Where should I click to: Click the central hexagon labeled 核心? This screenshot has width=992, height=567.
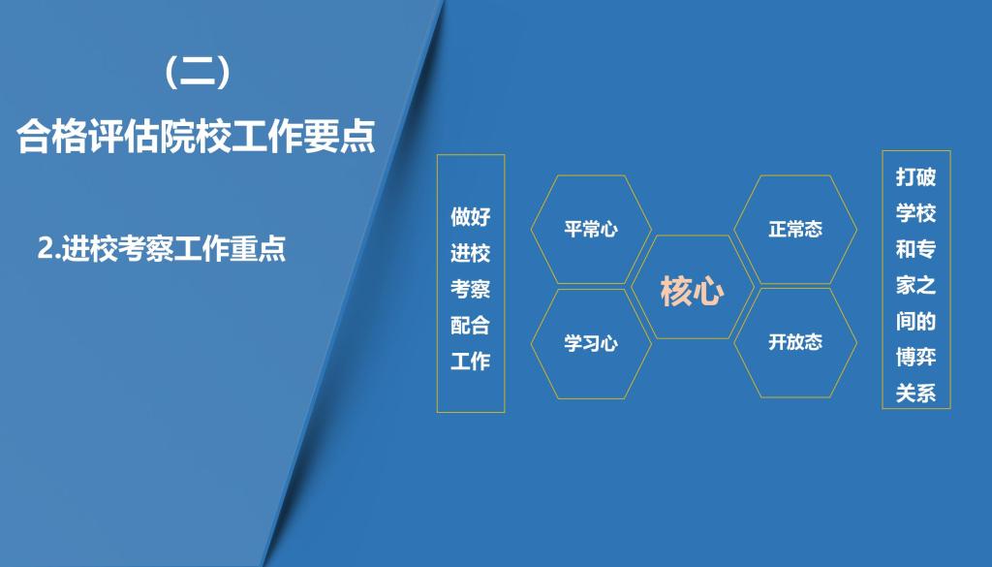point(692,287)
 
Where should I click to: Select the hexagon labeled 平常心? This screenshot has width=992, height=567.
point(591,229)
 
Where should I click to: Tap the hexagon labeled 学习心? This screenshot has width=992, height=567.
point(591,344)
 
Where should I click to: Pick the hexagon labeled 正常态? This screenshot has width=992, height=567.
point(795,229)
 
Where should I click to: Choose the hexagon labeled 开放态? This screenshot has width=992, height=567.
point(795,343)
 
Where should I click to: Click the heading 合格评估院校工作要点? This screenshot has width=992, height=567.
point(197,135)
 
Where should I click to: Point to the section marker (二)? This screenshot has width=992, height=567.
point(197,72)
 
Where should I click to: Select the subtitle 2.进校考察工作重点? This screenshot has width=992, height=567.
point(162,248)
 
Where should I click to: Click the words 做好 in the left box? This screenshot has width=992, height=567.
point(470,216)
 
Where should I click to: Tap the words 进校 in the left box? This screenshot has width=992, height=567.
point(470,253)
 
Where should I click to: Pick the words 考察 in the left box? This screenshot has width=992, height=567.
point(470,289)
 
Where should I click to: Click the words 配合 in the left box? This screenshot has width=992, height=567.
point(470,326)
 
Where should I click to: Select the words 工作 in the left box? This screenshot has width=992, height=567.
point(470,362)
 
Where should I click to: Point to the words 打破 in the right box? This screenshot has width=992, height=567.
point(915,176)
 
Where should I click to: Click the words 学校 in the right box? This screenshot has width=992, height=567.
point(915,212)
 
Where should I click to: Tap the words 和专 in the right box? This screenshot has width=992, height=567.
point(915,249)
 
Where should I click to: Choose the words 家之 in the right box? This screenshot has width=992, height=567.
point(915,285)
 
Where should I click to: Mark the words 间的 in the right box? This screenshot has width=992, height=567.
point(915,321)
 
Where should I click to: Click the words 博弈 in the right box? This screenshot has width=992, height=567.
point(915,357)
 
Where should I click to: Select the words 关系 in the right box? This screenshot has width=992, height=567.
point(915,393)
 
